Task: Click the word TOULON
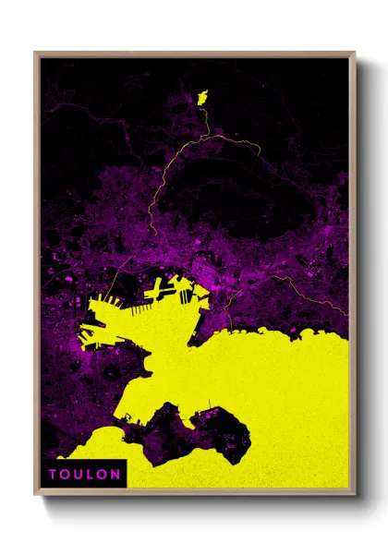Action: point(84,475)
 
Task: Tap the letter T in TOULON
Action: point(54,475)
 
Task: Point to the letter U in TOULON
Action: point(79,475)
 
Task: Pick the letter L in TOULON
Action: point(91,475)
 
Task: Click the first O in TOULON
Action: point(66,475)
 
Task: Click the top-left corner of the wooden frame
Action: point(34,52)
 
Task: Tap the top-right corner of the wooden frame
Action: point(355,52)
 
